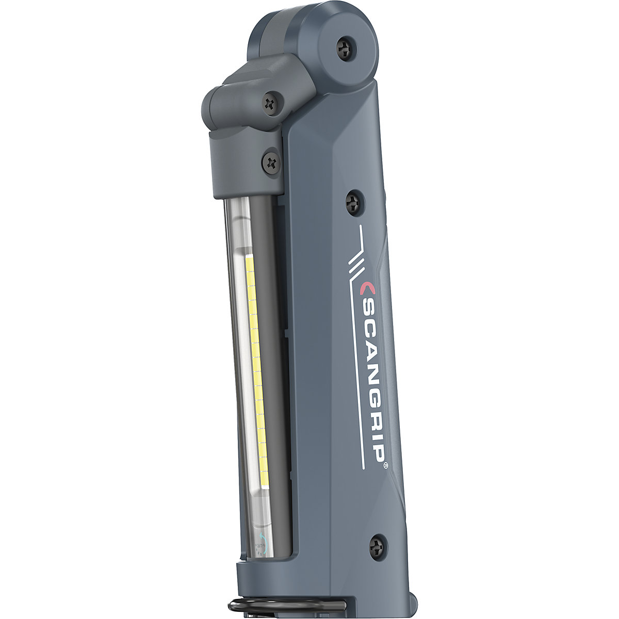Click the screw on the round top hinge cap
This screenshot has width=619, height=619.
click(344, 49)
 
